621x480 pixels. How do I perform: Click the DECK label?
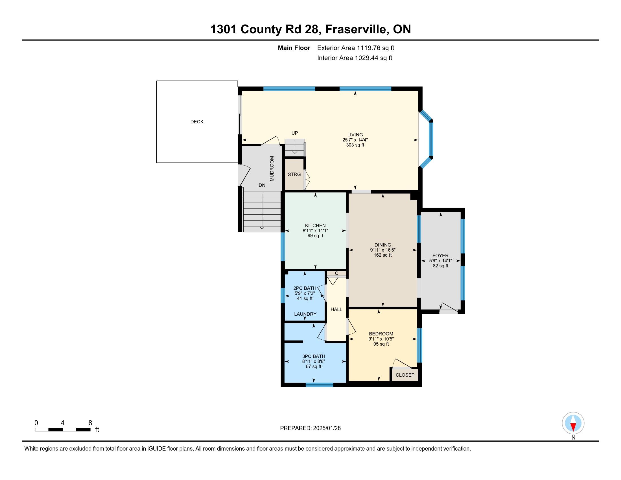pyautogui.click(x=197, y=122)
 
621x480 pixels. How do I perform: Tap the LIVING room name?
pyautogui.click(x=355, y=135)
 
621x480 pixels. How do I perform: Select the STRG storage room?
pyautogui.click(x=294, y=174)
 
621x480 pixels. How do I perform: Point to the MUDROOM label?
pyautogui.click(x=272, y=168)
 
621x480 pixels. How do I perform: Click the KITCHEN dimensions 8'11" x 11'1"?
pyautogui.click(x=315, y=231)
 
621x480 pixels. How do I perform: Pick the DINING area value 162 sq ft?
pyautogui.click(x=383, y=255)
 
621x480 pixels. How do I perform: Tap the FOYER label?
pyautogui.click(x=440, y=256)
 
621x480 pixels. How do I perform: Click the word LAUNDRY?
pyautogui.click(x=305, y=314)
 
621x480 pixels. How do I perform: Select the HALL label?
pyautogui.click(x=336, y=309)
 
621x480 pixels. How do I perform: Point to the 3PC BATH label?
pyautogui.click(x=314, y=356)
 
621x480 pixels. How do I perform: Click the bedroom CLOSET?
pyautogui.click(x=405, y=375)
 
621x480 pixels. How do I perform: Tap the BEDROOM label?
pyautogui.click(x=381, y=334)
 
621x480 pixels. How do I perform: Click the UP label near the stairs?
pyautogui.click(x=295, y=133)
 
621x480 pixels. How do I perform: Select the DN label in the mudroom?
pyautogui.click(x=262, y=186)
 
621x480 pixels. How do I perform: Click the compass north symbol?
pyautogui.click(x=573, y=423)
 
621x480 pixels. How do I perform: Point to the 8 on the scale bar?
pyautogui.click(x=90, y=423)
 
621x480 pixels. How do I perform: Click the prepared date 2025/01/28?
pyautogui.click(x=327, y=428)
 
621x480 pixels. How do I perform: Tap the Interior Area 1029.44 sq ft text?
pyautogui.click(x=355, y=58)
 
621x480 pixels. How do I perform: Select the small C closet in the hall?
pyautogui.click(x=336, y=274)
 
